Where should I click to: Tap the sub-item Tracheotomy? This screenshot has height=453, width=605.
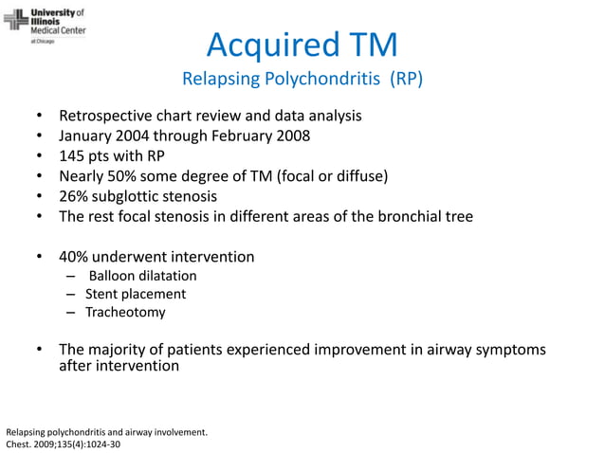click(x=125, y=312)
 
